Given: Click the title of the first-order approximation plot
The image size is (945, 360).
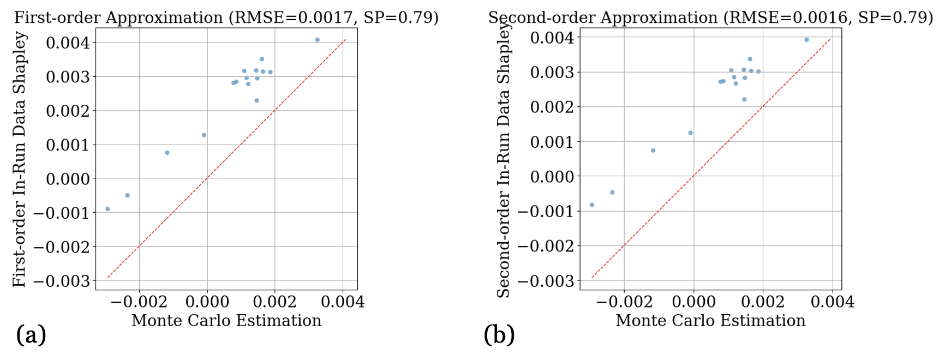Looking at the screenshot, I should tap(226, 17).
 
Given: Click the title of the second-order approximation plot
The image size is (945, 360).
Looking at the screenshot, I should tap(710, 17).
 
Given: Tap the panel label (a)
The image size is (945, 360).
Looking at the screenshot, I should tap(31, 334).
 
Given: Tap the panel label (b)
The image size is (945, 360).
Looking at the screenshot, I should tap(499, 334).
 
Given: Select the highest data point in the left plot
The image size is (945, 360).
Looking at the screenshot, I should tap(317, 40).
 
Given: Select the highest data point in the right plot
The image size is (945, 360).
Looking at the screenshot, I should tap(806, 40).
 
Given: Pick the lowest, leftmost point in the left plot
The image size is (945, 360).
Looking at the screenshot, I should tap(107, 209).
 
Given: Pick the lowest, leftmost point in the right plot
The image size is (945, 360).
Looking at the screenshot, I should tap(592, 205).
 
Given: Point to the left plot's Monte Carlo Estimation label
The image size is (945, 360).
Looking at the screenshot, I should tap(226, 321).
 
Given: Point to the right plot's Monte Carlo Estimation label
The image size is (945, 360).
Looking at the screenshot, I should tap(710, 321).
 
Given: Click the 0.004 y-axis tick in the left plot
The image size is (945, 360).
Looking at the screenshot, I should tap(68, 43).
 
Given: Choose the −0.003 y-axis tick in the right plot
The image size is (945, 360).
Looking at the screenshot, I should tap(546, 281).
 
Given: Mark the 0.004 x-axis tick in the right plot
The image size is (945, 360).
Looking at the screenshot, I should tap(833, 302).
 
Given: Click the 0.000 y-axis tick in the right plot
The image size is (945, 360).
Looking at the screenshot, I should tap(552, 177).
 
